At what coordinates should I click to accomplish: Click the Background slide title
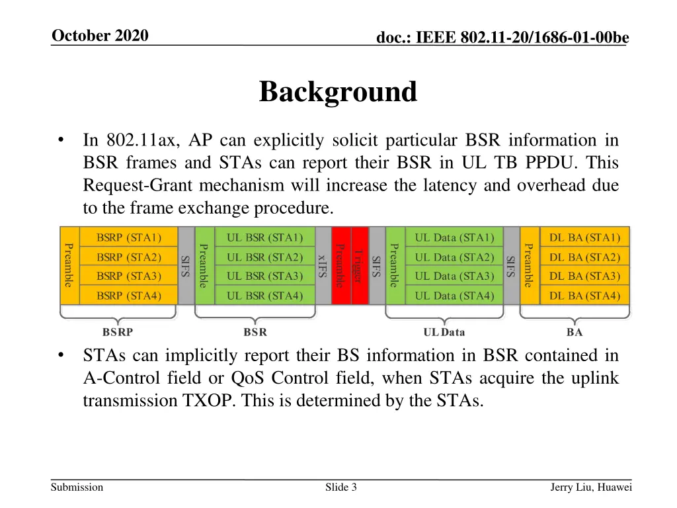338,92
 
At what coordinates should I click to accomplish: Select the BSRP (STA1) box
129,237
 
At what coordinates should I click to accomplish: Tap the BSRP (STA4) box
129,295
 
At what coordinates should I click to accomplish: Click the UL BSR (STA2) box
265,257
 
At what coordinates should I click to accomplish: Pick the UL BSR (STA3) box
265,276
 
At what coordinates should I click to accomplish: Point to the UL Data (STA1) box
454,237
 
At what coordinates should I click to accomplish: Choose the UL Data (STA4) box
454,295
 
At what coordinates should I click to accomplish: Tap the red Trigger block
359,265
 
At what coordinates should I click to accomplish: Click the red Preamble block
341,265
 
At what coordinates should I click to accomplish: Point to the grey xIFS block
323,265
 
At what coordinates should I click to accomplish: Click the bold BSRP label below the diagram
120,332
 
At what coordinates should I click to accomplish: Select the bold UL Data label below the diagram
444,332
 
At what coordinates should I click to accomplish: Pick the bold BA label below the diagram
575,332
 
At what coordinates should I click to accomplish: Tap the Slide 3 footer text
341,487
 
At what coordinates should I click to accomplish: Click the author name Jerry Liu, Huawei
591,487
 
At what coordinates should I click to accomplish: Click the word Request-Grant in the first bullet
125,185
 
